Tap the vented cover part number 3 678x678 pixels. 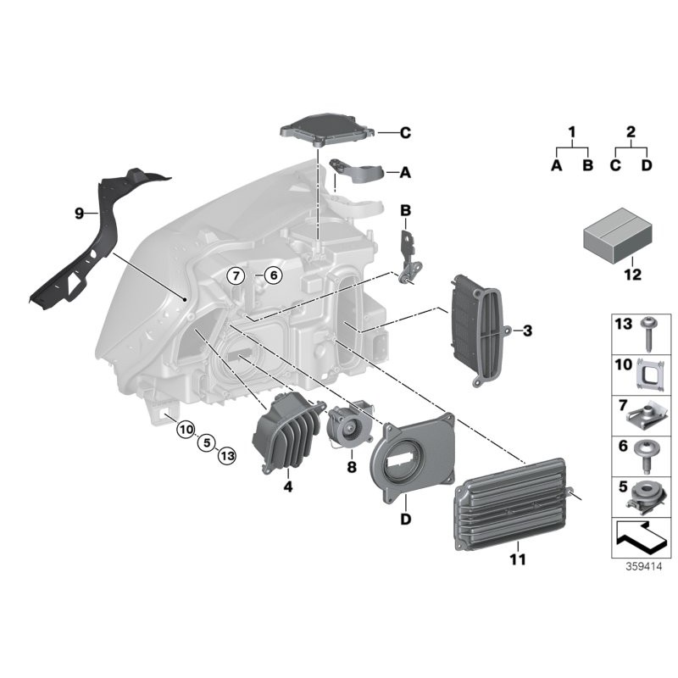click(477, 329)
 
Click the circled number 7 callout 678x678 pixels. click(235, 275)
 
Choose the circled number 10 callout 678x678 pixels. click(186, 431)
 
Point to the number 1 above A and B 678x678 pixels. click(571, 132)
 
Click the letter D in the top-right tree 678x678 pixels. click(647, 165)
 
